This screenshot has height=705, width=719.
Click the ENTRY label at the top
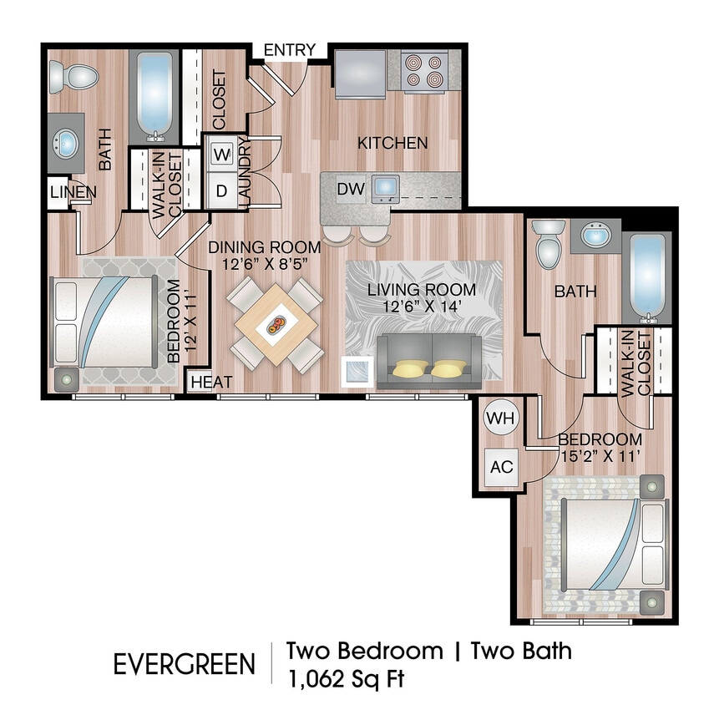290,50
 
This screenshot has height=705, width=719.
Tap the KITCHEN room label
392,143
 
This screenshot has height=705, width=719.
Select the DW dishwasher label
351,190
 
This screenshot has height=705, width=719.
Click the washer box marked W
222,155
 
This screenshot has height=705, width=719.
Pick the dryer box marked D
222,190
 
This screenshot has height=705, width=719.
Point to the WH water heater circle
499,417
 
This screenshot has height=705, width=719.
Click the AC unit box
501,467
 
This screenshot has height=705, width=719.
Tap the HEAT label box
212,382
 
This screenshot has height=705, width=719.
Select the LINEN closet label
73,192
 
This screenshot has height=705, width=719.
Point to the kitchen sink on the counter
386,187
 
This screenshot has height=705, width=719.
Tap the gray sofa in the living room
429,362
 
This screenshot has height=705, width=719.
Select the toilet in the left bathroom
67,77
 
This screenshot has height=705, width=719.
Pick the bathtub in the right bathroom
648,278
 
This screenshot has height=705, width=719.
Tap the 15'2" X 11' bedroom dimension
600,456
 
